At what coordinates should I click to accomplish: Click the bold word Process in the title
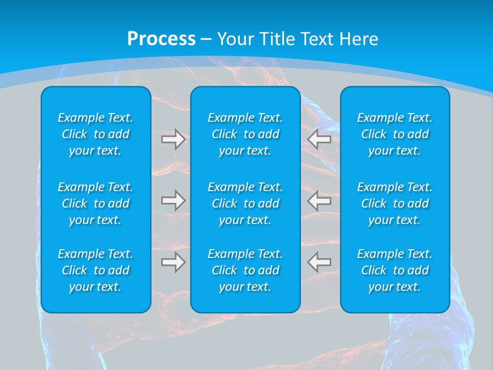[161, 39]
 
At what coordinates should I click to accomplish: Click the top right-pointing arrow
[174, 139]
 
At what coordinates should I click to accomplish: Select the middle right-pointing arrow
[174, 200]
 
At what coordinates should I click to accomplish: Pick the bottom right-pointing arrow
[174, 262]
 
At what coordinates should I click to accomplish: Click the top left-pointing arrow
[319, 139]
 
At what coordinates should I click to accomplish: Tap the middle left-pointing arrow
[319, 200]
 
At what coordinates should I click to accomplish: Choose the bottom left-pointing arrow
[319, 262]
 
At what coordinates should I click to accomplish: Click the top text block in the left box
[96, 134]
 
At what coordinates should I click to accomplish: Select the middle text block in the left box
[96, 203]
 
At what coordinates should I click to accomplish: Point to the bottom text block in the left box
[96, 270]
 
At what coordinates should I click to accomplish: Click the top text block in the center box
[245, 134]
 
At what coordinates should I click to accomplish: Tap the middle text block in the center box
[245, 203]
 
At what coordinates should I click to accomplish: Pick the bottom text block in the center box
[245, 270]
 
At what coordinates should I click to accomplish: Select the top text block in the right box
[394, 134]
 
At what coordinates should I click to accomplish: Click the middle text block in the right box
[394, 203]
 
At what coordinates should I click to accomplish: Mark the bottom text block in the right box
[394, 270]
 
